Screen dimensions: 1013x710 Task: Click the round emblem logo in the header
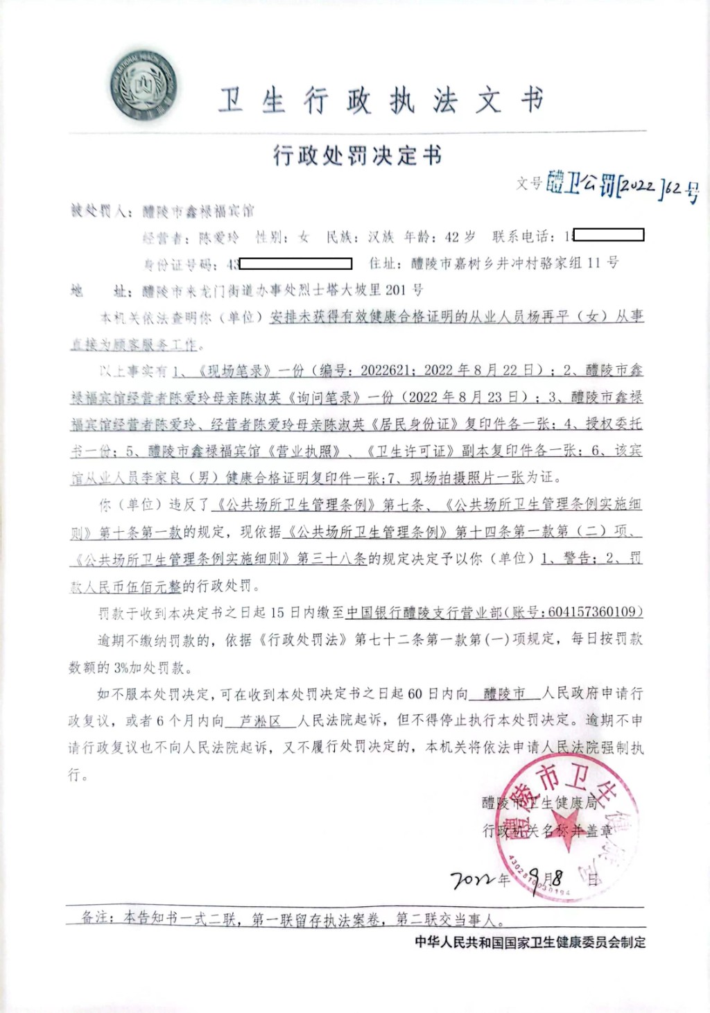[144, 86]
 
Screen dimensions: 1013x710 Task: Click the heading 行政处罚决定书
[357, 155]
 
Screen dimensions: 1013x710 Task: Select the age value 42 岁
[460, 237]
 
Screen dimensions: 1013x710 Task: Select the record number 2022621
[385, 370]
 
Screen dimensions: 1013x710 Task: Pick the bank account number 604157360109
[591, 612]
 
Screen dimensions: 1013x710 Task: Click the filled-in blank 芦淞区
[260, 721]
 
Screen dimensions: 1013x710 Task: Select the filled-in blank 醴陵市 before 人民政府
[504, 694]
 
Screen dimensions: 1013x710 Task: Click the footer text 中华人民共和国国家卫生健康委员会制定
[530, 942]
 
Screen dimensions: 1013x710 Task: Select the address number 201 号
[404, 290]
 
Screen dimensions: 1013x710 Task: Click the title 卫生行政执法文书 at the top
[381, 101]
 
